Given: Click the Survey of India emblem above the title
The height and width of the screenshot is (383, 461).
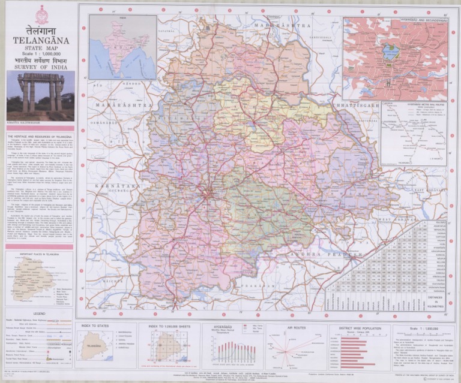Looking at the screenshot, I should point(41,14).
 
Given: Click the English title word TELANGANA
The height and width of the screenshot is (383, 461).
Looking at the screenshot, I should point(41,41).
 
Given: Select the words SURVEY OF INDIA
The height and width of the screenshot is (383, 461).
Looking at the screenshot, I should point(41,67).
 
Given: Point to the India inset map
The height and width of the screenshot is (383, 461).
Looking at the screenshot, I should point(122,47).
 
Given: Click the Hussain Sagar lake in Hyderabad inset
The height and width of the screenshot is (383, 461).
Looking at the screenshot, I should point(391,53).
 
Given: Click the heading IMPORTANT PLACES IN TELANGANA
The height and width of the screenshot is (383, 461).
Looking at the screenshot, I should point(40,254).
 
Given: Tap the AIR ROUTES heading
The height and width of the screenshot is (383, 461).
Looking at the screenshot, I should point(297,328).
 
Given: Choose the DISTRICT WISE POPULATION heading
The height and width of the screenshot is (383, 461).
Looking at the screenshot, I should point(359,328).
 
